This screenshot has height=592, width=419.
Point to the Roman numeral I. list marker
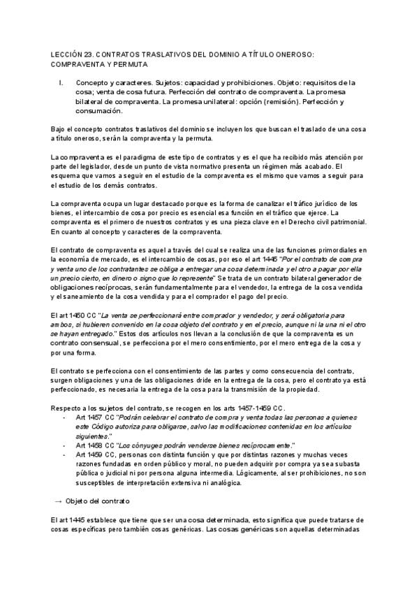point(63,82)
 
